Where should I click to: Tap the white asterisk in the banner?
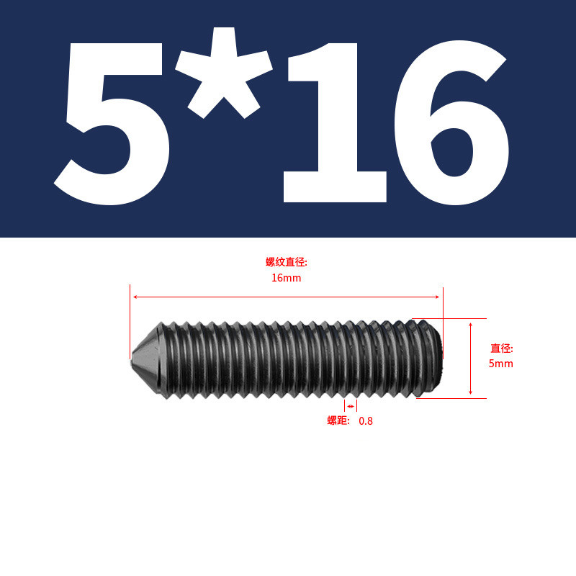click(x=224, y=73)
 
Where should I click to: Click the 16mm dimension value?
click(x=286, y=278)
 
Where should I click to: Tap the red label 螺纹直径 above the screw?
click(x=286, y=262)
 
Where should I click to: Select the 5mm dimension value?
click(x=500, y=364)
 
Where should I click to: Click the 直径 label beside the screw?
click(x=501, y=348)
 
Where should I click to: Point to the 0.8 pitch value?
click(x=366, y=421)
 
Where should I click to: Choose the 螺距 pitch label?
click(x=338, y=420)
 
